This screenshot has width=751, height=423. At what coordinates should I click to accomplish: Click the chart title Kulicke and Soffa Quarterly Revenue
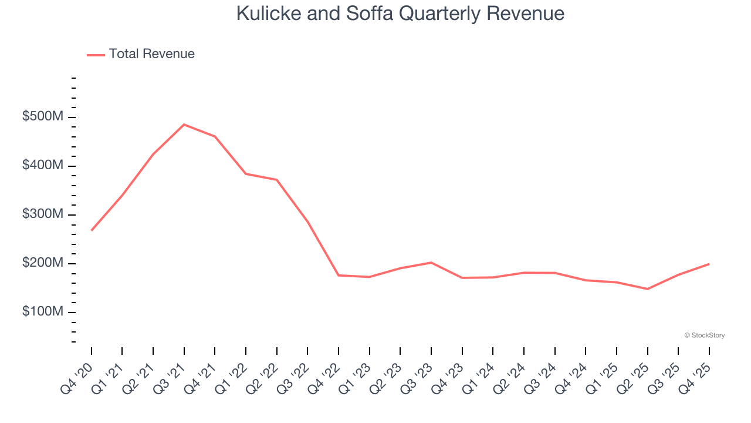(400, 14)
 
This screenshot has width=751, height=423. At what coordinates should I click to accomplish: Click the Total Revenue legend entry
(141, 54)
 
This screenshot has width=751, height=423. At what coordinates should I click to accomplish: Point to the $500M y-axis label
(42, 117)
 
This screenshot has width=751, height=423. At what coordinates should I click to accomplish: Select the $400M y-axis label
(42, 166)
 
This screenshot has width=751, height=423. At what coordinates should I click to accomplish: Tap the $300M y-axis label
(42, 214)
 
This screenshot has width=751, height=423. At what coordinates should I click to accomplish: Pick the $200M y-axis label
(42, 263)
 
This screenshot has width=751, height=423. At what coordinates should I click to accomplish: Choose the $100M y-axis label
(42, 312)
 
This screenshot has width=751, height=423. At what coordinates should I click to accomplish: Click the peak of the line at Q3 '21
(184, 125)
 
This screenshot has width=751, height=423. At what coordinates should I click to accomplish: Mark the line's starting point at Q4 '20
(92, 230)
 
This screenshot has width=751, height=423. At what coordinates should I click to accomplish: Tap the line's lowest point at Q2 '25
(647, 289)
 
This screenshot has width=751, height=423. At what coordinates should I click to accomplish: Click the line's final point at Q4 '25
(709, 264)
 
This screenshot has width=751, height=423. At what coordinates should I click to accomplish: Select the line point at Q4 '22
(339, 275)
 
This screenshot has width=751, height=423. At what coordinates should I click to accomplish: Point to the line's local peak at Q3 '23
(431, 263)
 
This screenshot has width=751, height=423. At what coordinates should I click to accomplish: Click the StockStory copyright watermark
(704, 335)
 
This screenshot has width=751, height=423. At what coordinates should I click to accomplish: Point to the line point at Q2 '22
(276, 180)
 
